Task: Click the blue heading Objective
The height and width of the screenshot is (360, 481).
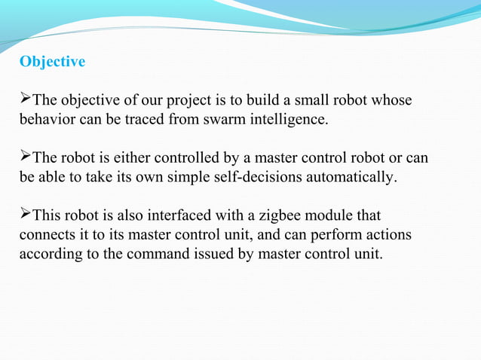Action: point(52,62)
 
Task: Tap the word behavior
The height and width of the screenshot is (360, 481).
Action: point(44,119)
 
